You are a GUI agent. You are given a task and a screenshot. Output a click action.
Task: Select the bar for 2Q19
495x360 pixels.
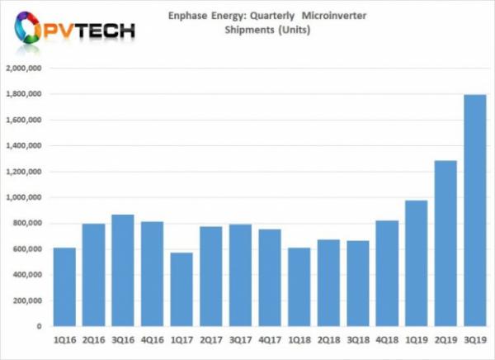(445, 244)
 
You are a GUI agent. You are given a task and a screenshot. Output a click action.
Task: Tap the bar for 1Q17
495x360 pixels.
(181, 289)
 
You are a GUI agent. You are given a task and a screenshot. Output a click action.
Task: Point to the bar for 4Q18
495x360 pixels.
(386, 273)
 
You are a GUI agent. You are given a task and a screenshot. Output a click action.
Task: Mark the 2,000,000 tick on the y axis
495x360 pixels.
(26, 69)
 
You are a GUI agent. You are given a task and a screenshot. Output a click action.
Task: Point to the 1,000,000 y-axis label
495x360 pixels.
(26, 197)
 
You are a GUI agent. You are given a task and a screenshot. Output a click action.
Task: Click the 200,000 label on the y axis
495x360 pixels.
(28, 301)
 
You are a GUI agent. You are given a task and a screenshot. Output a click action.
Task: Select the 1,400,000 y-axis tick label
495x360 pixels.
(26, 146)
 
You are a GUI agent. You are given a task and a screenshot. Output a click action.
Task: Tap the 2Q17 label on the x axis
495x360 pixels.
(210, 339)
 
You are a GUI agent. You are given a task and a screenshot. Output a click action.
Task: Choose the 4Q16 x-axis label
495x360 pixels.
(152, 339)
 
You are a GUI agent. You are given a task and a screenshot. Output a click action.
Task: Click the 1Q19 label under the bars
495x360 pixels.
(416, 339)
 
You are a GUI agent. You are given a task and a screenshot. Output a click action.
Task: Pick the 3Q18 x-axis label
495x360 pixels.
(357, 339)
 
